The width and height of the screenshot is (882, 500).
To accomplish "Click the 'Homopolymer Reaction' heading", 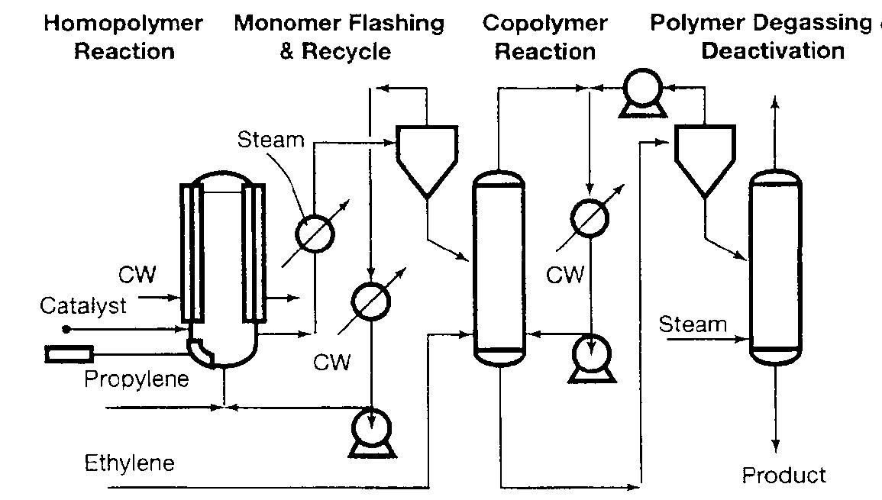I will point(123,37).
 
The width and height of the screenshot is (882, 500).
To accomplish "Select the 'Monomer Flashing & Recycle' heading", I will point(338,37).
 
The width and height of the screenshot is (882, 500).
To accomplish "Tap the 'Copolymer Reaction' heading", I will point(544,37).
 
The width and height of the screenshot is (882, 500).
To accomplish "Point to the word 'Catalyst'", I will point(82,306).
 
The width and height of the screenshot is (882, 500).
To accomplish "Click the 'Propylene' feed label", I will point(136,379).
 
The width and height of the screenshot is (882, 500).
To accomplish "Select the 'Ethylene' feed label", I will point(129,463).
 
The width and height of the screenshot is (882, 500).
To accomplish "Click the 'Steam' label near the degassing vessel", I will point(693,324).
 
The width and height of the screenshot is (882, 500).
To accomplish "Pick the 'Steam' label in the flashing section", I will point(270,140).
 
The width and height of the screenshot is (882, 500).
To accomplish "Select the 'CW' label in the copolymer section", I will point(565,274).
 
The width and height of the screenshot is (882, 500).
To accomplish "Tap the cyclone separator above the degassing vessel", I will point(704,161).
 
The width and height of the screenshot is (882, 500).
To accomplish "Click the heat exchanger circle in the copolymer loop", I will point(590,217).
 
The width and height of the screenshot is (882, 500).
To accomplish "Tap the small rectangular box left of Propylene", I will point(69,353).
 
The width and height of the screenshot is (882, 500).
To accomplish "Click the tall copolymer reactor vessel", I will point(497,267).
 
